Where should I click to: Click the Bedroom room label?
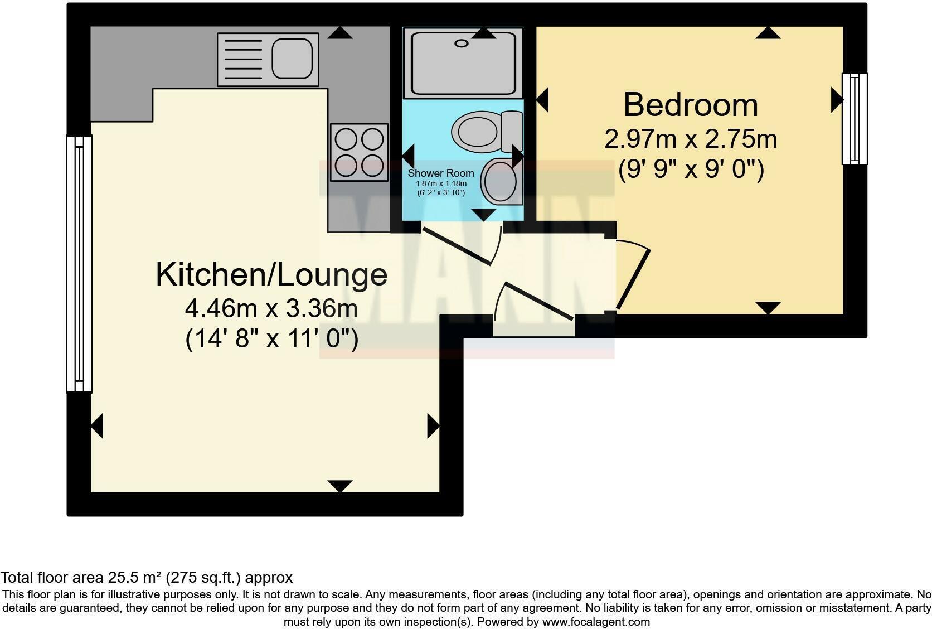[690, 105]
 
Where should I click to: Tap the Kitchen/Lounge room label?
[271, 274]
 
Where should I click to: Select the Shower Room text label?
[440, 173]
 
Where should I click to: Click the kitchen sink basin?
[292, 59]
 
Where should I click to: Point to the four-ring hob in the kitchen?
[359, 152]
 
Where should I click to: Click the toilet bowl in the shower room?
[475, 132]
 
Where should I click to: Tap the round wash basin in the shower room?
[500, 181]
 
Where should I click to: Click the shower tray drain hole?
[462, 43]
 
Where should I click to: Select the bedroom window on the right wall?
[855, 119]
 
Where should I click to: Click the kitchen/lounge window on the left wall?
[79, 264]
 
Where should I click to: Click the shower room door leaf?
[457, 246]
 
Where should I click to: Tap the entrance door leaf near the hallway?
[539, 301]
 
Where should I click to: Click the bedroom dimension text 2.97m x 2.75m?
[690, 139]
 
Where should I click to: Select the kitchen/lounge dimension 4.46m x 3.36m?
[271, 309]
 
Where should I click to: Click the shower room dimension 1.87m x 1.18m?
[441, 183]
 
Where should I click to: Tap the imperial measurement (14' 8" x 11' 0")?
[271, 339]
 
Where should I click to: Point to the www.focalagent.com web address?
[596, 622]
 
